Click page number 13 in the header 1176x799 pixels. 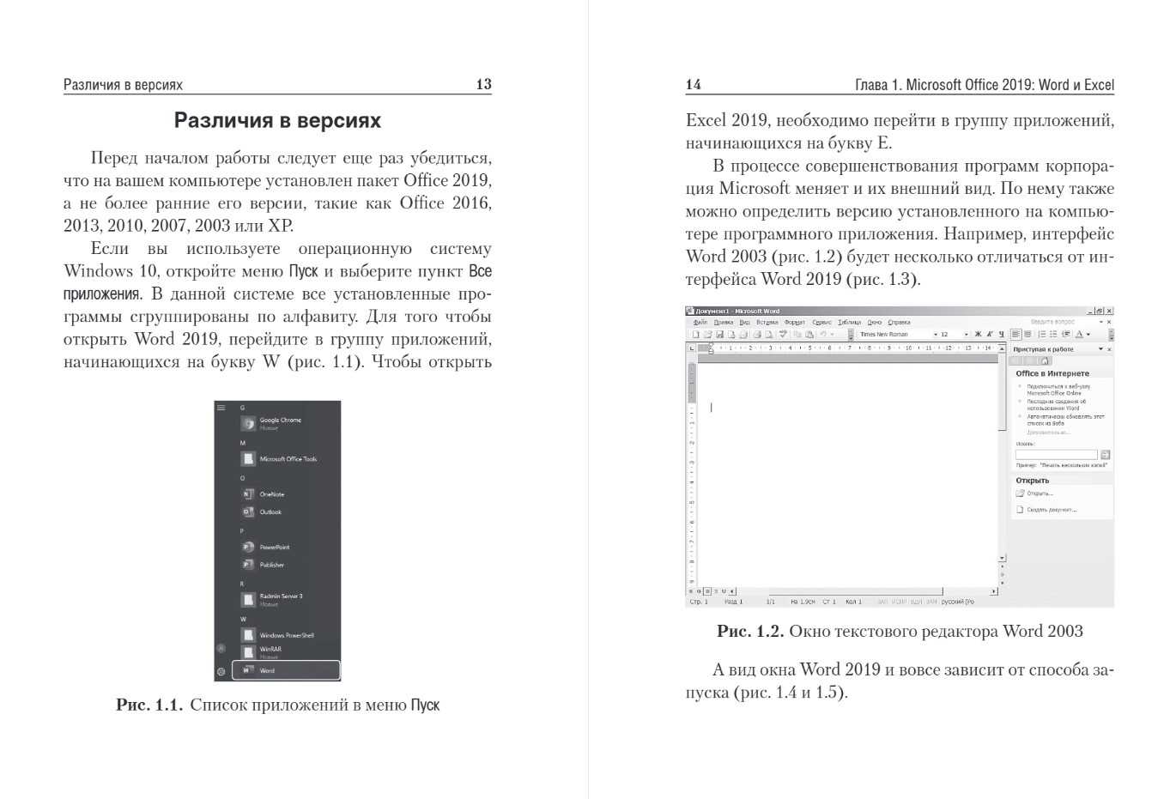(483, 84)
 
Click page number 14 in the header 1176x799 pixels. (694, 84)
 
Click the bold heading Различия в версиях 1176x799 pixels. (277, 121)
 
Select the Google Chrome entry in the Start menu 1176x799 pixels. (280, 421)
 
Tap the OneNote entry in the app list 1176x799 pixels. (271, 494)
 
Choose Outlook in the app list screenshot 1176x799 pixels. (270, 512)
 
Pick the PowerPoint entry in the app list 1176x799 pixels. (275, 547)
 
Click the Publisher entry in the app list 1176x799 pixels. (271, 565)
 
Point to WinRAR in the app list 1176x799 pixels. (270, 650)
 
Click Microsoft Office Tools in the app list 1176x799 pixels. (288, 459)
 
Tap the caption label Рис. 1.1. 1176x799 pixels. (149, 705)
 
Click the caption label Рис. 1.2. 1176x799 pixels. (750, 632)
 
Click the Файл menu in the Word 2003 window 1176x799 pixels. (700, 323)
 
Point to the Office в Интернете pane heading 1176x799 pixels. (1052, 374)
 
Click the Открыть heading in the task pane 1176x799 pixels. (1032, 481)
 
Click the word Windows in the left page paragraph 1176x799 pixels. (94, 271)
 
